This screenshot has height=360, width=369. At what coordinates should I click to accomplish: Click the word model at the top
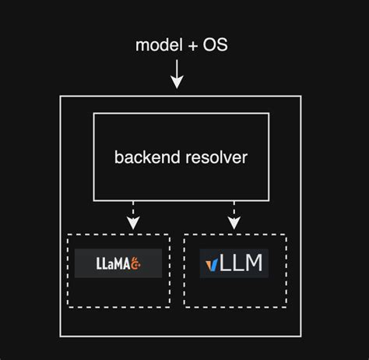pos(156,45)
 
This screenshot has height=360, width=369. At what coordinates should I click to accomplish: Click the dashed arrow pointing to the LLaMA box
pos(133,213)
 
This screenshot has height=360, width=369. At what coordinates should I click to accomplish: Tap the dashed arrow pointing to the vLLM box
pos(234,213)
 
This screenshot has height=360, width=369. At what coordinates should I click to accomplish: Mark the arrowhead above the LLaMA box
pos(133,224)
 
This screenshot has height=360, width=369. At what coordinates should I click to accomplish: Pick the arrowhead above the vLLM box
pos(234,224)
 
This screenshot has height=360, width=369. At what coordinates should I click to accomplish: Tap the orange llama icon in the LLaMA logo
pos(135,263)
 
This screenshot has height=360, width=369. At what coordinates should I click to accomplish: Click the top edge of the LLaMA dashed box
pos(118,234)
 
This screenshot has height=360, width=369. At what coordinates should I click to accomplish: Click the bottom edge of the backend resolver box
pos(182,202)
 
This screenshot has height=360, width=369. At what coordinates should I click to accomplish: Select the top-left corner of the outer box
pos(61,96)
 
